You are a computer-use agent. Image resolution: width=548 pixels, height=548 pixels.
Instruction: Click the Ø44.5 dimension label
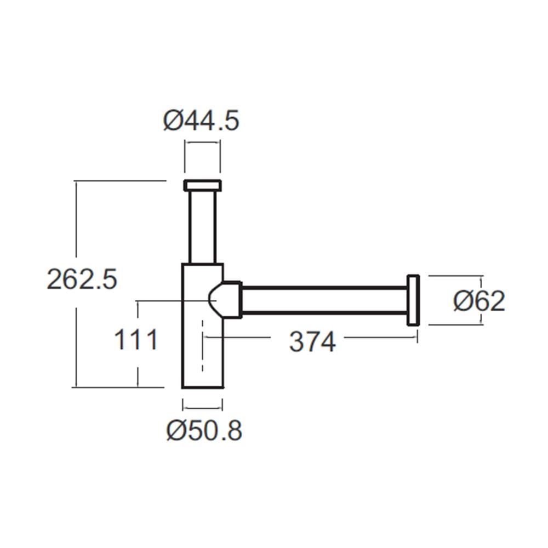tap(201, 121)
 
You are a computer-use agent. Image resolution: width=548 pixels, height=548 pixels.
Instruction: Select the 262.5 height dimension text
tap(82, 280)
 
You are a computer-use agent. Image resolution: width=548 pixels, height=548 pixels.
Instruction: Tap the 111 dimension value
tap(136, 340)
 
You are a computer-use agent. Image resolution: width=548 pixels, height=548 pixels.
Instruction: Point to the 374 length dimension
tap(312, 342)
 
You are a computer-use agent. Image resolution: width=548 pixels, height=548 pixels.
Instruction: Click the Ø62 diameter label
tap(479, 301)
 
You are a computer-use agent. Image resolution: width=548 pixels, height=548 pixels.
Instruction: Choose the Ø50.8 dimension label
tap(204, 431)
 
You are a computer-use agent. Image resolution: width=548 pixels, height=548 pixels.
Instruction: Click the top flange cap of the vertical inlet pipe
tap(202, 185)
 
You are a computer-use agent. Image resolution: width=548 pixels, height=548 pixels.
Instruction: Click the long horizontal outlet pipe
tap(323, 300)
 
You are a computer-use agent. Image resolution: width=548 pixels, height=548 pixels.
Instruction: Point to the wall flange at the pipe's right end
tap(413, 300)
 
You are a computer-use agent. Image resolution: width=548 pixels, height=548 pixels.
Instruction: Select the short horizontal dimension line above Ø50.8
tap(202, 408)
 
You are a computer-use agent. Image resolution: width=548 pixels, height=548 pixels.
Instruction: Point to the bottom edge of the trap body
tap(202, 387)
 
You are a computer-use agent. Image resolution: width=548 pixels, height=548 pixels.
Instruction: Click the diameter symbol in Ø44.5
tap(172, 121)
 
